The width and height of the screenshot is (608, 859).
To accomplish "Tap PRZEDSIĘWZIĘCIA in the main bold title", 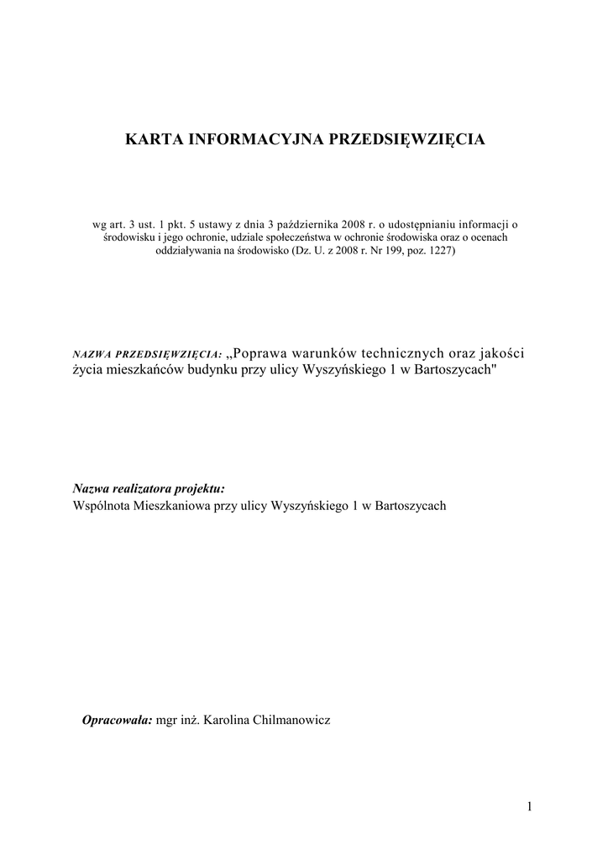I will (405, 139).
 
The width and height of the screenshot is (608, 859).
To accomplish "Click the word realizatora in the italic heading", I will (144, 488).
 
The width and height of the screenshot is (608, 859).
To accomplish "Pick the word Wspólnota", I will (102, 505).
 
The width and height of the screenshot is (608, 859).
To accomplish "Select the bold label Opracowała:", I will (117, 721).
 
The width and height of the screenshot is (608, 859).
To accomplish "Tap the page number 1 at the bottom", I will (530, 807).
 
